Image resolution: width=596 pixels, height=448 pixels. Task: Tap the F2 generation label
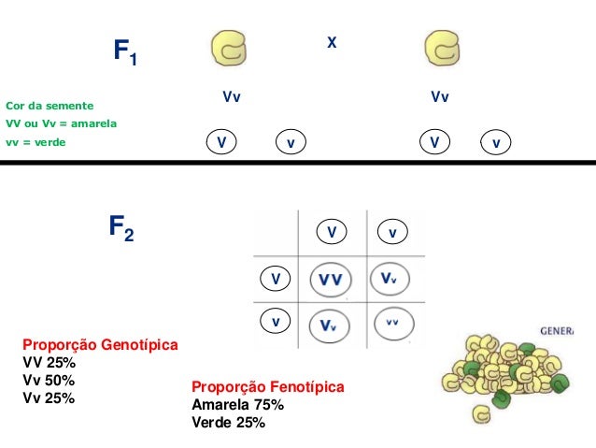point(121,228)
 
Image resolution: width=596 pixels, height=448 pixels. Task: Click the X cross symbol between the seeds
point(331,43)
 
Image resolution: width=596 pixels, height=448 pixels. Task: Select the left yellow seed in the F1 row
point(230,51)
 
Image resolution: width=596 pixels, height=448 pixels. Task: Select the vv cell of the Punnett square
point(391,323)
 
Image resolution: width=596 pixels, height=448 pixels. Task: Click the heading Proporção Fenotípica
point(268,387)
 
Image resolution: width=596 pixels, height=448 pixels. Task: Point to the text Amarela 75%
point(237,405)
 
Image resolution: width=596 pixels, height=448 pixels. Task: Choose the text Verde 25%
point(228,423)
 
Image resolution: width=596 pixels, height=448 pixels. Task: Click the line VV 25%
point(49,363)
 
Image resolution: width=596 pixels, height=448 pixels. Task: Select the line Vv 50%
point(49,381)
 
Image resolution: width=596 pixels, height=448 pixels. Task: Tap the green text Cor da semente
point(50,106)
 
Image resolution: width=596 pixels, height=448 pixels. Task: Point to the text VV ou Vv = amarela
point(61,124)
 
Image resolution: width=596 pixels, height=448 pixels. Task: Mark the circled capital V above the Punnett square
point(331,231)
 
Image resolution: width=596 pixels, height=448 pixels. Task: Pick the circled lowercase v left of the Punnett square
point(276,322)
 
